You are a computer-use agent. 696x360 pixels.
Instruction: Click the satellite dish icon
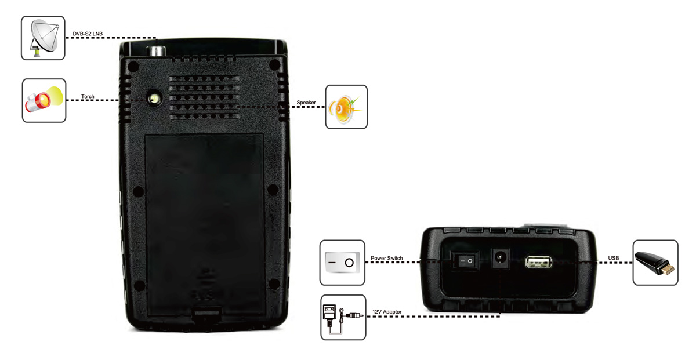click(x=43, y=38)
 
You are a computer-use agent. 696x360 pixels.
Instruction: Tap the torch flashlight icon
click(x=44, y=100)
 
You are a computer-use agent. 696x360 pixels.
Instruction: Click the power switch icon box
click(x=342, y=263)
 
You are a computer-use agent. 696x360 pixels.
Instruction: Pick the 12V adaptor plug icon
click(x=343, y=317)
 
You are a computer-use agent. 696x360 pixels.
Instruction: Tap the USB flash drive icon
click(x=655, y=263)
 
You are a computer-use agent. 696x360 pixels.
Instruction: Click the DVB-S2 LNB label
click(x=88, y=34)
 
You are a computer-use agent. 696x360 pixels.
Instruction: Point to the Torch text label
click(x=88, y=97)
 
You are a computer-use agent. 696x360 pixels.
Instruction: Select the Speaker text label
click(x=306, y=103)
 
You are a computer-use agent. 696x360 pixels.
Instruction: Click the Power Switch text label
click(x=386, y=258)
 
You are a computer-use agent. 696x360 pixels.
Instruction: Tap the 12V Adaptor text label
click(x=387, y=312)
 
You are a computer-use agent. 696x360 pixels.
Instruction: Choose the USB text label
click(x=614, y=258)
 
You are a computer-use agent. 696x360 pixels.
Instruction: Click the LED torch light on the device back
click(x=154, y=99)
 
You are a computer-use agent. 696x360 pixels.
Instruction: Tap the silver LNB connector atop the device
click(x=155, y=51)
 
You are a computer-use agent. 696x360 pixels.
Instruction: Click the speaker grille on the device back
click(x=204, y=97)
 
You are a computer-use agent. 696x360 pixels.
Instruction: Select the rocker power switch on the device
click(x=465, y=261)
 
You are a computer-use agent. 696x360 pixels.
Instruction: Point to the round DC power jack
click(x=500, y=258)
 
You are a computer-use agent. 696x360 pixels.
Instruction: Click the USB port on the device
click(x=538, y=262)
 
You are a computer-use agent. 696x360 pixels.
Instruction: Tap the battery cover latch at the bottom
click(x=206, y=314)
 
